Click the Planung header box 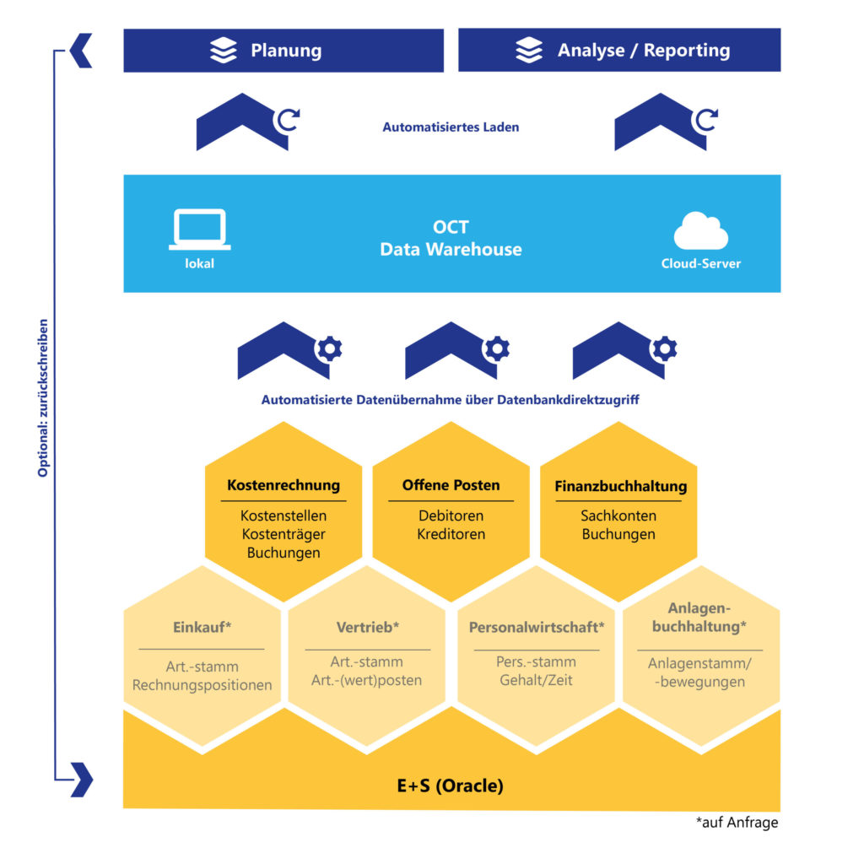283,51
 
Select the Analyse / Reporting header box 619,51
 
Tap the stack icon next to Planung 224,51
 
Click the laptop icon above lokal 200,229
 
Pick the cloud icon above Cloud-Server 700,232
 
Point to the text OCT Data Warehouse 451,239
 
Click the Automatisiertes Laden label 451,127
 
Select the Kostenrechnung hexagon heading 283,485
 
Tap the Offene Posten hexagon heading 451,485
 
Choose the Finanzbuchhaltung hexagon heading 620,487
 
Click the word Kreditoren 451,534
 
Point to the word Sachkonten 618,516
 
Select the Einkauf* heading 202,628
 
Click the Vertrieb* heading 367,628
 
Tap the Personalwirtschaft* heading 537,628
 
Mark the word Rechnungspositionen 202,685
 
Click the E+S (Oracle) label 451,786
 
